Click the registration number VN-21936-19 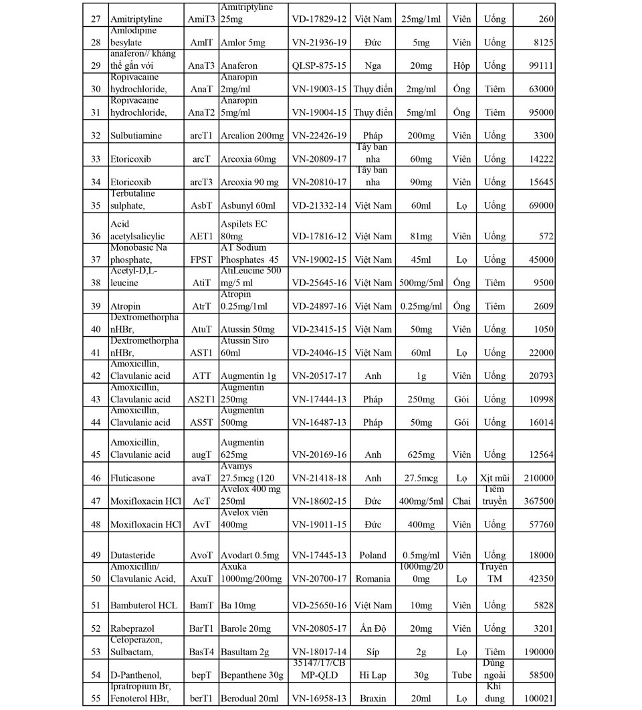coord(319,43)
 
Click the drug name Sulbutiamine coord(136,136)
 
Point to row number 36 coord(95,236)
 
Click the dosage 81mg coord(421,236)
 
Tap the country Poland coord(372,555)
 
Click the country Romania coord(372,579)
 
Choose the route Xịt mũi coord(495,478)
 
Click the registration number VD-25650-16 coord(319,605)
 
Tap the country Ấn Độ coord(372,628)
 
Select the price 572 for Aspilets coord(546,236)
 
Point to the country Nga coord(372,66)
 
